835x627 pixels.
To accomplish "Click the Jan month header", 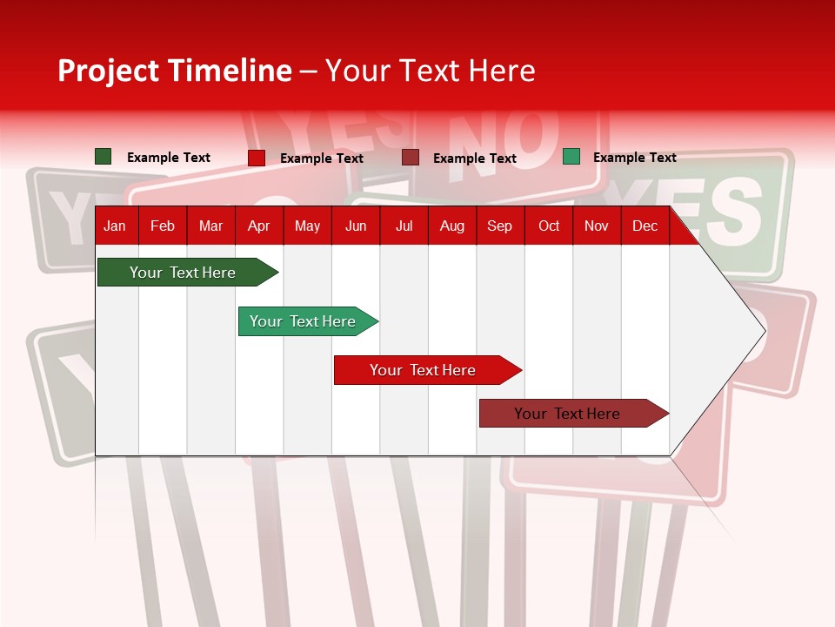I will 115,226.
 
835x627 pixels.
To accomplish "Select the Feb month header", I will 163,226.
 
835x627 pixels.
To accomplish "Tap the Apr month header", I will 258,226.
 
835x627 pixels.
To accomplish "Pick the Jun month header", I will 356,226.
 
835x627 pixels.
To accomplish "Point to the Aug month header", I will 451,226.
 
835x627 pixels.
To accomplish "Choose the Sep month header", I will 499,226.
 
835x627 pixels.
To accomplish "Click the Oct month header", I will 549,226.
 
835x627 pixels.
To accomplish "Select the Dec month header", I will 645,226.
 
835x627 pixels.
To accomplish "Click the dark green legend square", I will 103,157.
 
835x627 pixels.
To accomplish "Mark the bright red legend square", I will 257,158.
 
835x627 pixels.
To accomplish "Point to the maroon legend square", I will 411,158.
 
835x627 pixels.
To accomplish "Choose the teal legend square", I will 571,157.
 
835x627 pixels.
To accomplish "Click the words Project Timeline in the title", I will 174,71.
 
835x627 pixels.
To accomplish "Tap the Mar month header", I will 210,226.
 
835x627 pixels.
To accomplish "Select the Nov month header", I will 597,226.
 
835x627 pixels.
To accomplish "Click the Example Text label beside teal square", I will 634,158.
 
